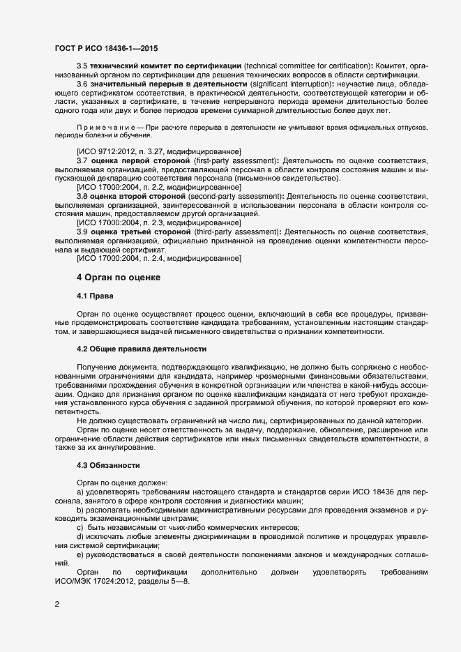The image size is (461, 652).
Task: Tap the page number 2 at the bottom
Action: coord(56,605)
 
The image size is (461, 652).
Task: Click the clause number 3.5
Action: coord(82,65)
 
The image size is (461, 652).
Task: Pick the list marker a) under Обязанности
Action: coord(80,492)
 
